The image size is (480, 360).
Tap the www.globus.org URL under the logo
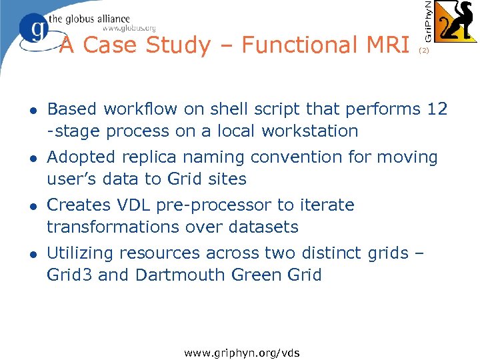point(129,28)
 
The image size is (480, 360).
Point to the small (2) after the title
point(424,50)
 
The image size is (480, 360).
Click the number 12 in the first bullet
point(437,109)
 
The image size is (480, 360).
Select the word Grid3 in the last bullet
point(70,275)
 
